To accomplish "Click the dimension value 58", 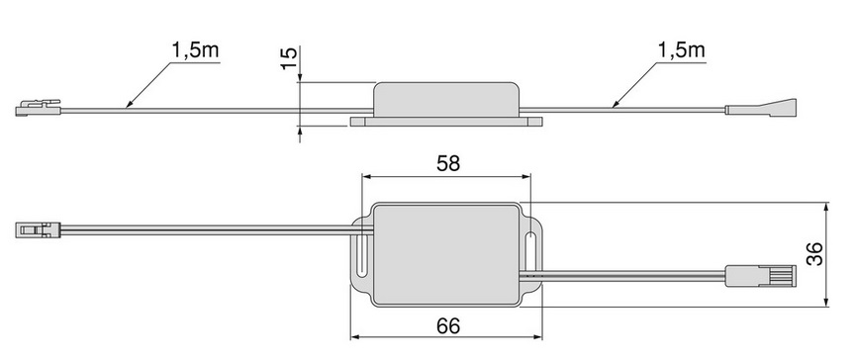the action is click(x=447, y=163).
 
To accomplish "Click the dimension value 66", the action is click(x=447, y=325).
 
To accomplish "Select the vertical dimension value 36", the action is click(x=814, y=254).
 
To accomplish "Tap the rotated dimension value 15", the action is click(x=289, y=57).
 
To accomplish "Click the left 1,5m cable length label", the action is click(x=195, y=50).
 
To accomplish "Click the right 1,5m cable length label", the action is click(x=681, y=50).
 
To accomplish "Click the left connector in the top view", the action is click(x=38, y=229).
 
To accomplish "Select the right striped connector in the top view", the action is click(x=760, y=276).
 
